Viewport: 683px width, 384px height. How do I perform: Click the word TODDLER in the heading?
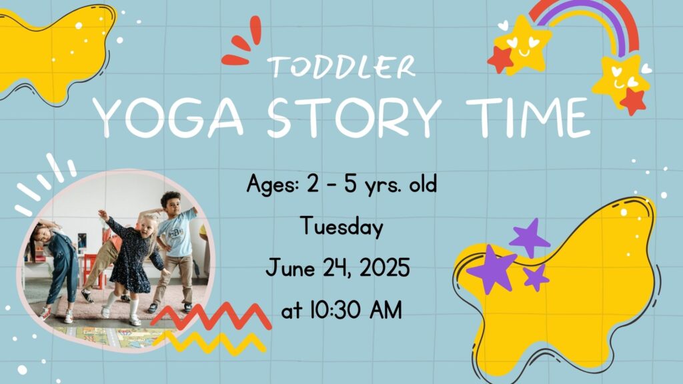341,67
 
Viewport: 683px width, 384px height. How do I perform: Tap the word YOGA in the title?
168,117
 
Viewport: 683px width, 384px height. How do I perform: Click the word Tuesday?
342,227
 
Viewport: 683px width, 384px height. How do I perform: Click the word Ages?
273,184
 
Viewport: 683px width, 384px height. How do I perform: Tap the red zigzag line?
211,317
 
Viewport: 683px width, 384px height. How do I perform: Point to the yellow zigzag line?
209,342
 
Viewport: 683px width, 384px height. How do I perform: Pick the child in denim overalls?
55,265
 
